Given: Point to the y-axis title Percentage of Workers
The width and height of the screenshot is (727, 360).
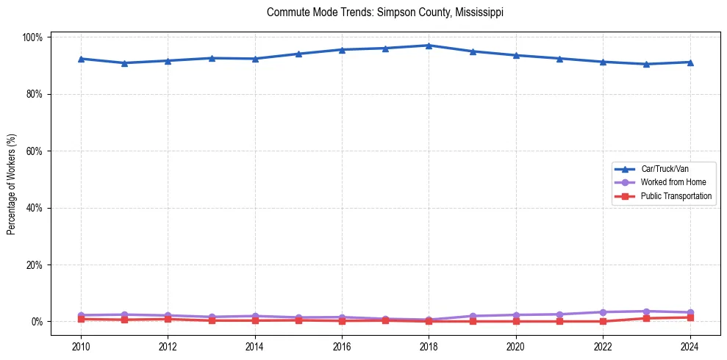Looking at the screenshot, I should coord(11,179).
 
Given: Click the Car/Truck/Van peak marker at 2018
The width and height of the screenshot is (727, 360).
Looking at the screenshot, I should coord(429,46).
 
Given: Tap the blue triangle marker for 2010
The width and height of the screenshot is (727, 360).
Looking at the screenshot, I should coord(81,59).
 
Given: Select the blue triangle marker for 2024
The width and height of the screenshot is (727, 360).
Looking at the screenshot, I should coord(690,62).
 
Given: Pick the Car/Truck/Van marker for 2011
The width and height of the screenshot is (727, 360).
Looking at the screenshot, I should coord(124,63).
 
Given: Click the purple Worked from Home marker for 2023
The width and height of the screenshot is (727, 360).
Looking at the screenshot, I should coord(646,312).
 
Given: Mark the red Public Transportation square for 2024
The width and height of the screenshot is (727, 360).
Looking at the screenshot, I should coord(690,317).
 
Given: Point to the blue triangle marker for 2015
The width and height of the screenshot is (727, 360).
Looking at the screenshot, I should coord(298,54).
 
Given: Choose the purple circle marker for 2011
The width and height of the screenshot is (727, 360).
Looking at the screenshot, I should coord(124,314).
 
